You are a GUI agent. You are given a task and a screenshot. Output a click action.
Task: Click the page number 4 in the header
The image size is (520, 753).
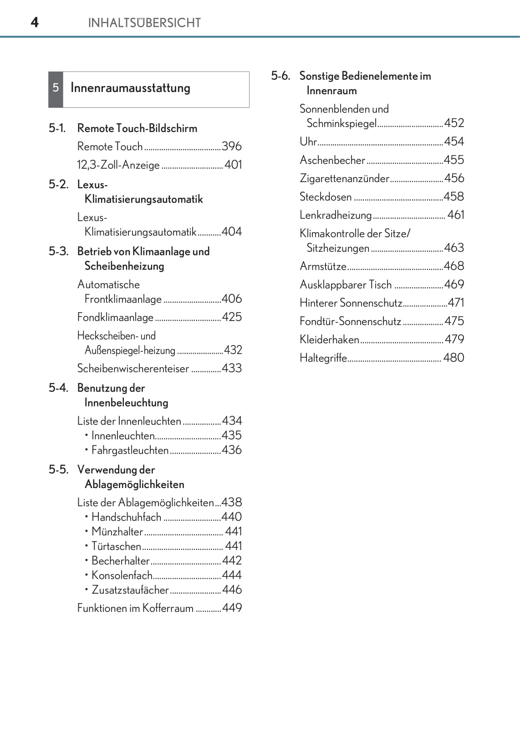[x=35, y=22]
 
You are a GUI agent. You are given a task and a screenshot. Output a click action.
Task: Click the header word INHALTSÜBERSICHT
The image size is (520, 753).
[x=144, y=23]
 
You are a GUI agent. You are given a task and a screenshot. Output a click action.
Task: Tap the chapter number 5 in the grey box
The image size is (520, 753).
[x=56, y=88]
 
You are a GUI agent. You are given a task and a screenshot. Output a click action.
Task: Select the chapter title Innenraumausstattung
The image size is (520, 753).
[x=130, y=88]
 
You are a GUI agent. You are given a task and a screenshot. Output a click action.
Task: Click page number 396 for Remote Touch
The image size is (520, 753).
[x=231, y=147]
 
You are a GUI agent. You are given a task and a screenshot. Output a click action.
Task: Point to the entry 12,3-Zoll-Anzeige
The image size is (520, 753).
[x=118, y=165]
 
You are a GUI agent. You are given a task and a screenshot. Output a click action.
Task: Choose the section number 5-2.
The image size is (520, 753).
[x=58, y=184]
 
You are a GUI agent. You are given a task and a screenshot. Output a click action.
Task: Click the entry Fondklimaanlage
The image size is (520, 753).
[x=115, y=317]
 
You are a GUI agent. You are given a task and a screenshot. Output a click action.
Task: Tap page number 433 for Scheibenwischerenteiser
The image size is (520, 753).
[x=231, y=368]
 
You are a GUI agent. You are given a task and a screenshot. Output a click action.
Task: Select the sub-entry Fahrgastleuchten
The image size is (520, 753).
[x=130, y=450]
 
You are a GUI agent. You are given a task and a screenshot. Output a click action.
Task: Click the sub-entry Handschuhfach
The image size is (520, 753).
[x=126, y=517]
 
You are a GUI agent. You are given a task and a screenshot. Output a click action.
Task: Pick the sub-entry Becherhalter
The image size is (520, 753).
[x=121, y=561]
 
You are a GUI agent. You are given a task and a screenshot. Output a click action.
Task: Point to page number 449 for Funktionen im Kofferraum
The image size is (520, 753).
[x=232, y=608]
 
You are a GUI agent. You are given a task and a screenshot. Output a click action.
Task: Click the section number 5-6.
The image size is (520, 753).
[x=280, y=76]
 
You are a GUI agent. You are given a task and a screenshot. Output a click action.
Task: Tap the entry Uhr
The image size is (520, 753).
[x=308, y=142]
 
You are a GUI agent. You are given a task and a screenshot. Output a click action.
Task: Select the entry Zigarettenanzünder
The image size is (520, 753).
[x=344, y=178]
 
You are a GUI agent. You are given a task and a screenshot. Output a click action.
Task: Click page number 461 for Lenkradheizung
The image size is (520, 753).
[x=455, y=215]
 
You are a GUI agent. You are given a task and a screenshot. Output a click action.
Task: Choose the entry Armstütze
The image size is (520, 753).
[x=323, y=266]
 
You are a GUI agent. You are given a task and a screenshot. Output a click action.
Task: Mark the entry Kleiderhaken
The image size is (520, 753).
[x=329, y=340]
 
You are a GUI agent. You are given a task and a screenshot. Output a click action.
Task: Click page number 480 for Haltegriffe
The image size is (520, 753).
[x=454, y=358]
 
